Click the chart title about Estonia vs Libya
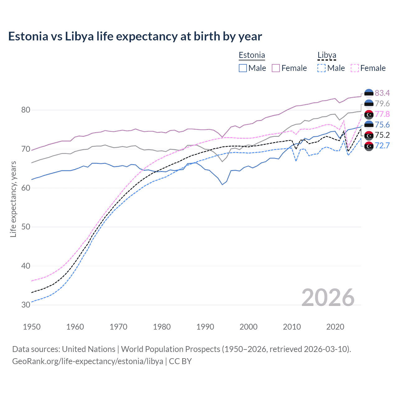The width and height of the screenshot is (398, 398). click(x=135, y=36)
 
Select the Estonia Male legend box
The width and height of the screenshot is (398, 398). click(x=243, y=68)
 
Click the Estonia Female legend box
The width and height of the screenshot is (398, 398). click(x=276, y=68)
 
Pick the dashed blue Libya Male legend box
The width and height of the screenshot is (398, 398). click(x=322, y=68)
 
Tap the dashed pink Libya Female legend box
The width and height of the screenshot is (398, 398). click(x=355, y=68)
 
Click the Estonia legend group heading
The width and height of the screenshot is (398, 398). click(x=252, y=55)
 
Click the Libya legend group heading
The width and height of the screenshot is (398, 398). click(x=327, y=55)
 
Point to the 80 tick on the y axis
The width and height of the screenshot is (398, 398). click(x=26, y=110)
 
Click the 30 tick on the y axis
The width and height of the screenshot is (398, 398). click(x=26, y=305)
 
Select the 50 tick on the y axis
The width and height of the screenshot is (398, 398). click(x=26, y=227)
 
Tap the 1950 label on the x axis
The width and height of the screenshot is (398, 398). click(x=32, y=327)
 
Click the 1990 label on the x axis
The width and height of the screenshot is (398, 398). click(x=205, y=327)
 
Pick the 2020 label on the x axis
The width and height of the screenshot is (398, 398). click(x=335, y=327)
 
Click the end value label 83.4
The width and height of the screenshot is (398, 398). click(x=382, y=93)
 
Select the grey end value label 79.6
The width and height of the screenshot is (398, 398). click(x=382, y=104)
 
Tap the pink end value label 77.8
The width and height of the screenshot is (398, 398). click(x=382, y=114)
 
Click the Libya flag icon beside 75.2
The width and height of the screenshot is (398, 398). click(x=369, y=135)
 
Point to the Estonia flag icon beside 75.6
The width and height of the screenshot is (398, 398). click(x=369, y=125)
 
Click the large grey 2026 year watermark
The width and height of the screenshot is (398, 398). click(x=328, y=298)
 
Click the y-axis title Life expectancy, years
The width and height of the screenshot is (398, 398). click(x=13, y=199)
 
